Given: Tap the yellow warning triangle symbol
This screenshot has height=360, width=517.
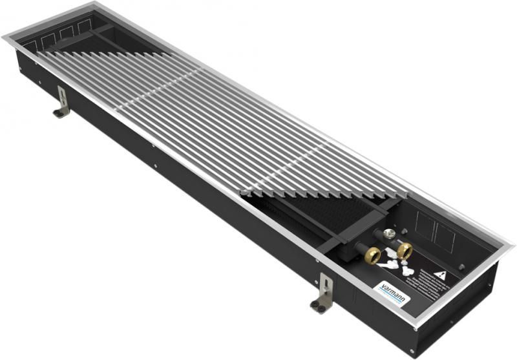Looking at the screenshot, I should pos(440,275).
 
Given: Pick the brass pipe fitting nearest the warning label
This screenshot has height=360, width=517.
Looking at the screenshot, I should pos(405,249).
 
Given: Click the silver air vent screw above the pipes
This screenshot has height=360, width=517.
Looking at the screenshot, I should pos(390,233).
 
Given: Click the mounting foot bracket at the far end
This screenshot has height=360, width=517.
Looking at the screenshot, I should pos(62,103).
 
